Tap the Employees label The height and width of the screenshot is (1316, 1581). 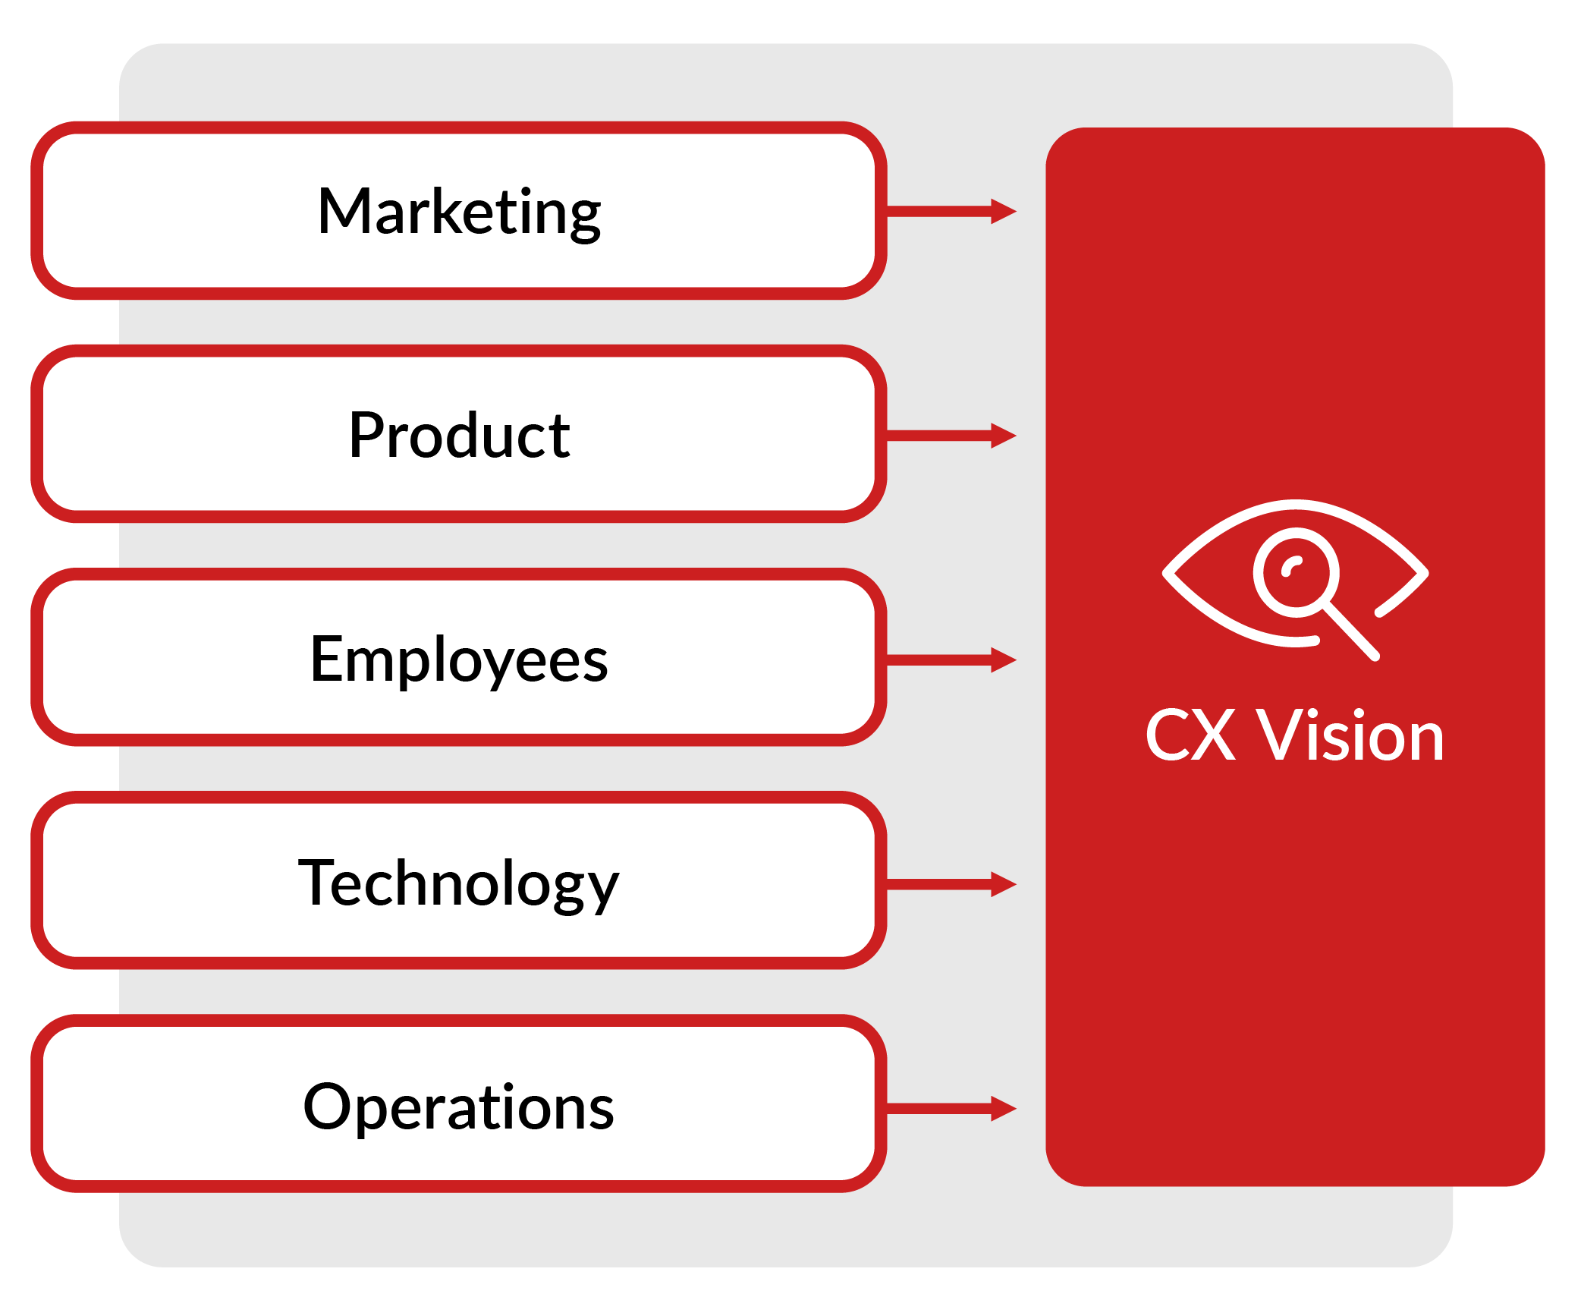click(459, 660)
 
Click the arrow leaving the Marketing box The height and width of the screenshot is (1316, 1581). click(951, 211)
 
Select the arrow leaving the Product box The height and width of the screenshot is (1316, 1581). click(951, 436)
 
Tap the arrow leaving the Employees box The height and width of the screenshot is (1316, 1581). click(951, 660)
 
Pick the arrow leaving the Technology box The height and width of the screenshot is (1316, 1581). click(951, 884)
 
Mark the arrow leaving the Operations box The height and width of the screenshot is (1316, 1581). click(951, 1108)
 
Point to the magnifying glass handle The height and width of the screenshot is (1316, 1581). click(1352, 631)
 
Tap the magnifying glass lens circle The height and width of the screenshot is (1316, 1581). click(1296, 572)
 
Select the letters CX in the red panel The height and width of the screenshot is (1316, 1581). click(1190, 735)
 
